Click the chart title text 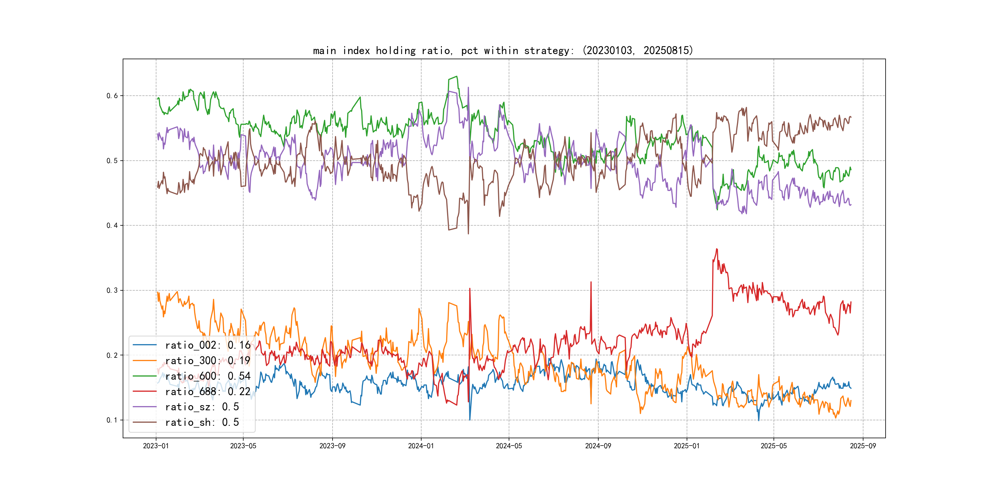tap(503, 50)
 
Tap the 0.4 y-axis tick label tap(112, 225)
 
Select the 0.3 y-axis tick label tap(112, 290)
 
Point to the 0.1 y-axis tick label tap(112, 420)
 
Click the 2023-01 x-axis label tap(156, 446)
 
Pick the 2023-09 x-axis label tap(332, 446)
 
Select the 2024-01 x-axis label tap(421, 446)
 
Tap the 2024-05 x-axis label tap(509, 446)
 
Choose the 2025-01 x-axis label tap(687, 446)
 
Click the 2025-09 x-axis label tap(863, 446)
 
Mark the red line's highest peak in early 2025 tap(717, 249)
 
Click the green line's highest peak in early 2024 tap(456, 77)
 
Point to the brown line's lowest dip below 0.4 tap(468, 233)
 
